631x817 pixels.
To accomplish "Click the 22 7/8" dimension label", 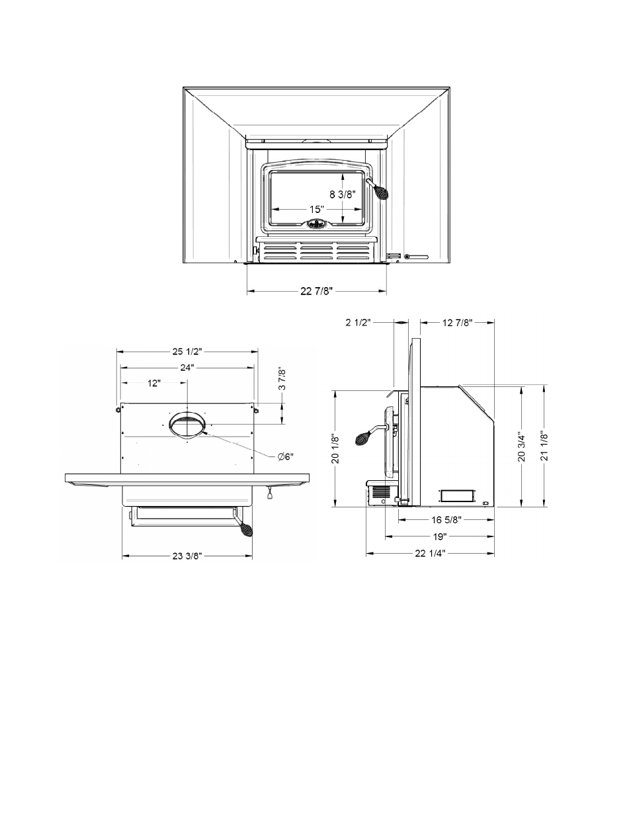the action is tap(316, 291).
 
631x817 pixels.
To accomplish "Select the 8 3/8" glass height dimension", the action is tap(343, 194).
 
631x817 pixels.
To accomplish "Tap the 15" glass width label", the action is tap(317, 209).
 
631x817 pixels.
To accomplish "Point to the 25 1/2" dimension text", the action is tap(187, 351).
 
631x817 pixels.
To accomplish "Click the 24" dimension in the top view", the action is tap(187, 367).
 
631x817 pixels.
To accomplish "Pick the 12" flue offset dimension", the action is tap(153, 383).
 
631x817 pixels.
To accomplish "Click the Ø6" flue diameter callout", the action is tap(286, 456).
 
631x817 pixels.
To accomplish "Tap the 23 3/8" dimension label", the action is tap(187, 556).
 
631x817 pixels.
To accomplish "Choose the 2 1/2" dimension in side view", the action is tap(358, 323).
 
